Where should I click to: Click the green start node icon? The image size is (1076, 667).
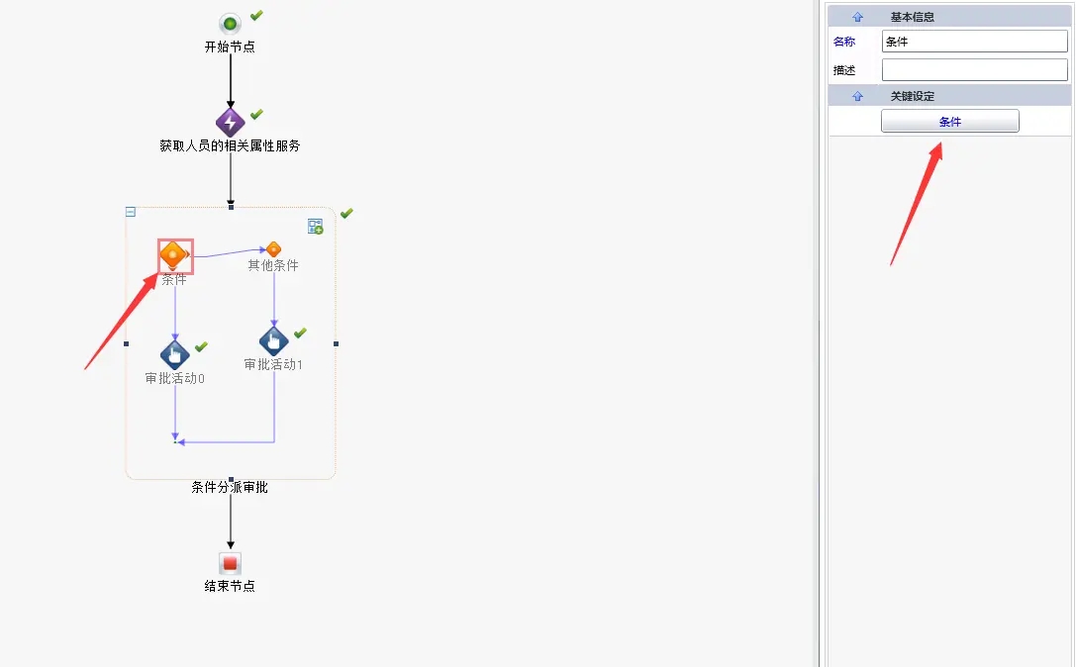(230, 23)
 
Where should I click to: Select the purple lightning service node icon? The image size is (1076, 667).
(230, 123)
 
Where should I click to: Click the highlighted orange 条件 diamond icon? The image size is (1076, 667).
(174, 255)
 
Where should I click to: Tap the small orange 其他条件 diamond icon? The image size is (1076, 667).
(274, 249)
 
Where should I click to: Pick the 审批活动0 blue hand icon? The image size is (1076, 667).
(174, 354)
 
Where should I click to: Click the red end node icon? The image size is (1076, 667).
(230, 563)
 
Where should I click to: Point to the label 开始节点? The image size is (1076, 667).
(230, 47)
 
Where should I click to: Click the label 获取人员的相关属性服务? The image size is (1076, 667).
(230, 145)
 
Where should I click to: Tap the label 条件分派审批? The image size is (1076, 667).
(230, 487)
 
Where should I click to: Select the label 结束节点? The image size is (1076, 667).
(230, 586)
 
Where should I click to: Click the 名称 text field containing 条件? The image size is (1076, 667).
(974, 42)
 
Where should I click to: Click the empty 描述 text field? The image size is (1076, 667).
(974, 70)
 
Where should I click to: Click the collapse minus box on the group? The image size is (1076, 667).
(131, 212)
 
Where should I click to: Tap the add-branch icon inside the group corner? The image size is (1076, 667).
(315, 227)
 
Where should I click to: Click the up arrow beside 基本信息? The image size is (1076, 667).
(857, 17)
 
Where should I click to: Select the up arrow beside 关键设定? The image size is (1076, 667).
(857, 96)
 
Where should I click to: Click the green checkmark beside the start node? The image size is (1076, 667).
(256, 15)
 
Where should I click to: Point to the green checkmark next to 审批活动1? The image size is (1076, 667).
(300, 333)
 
